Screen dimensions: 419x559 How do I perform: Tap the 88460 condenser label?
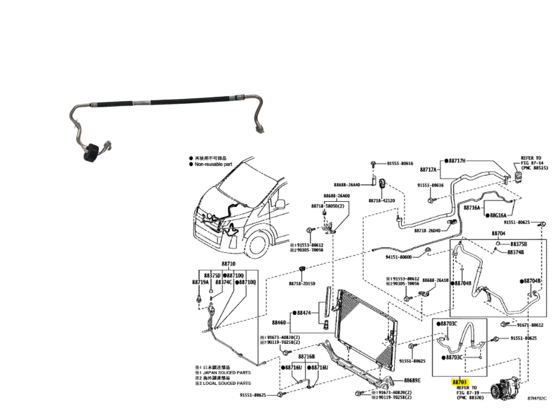point(279,323)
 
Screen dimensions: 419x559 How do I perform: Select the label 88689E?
point(412,380)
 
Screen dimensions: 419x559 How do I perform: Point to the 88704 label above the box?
point(498,233)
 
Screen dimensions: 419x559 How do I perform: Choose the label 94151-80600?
point(399,257)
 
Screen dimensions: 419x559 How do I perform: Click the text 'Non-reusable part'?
point(213,164)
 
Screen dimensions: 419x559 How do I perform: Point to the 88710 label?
point(228,264)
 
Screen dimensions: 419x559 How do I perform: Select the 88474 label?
point(304,313)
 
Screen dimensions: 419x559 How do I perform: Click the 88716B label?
point(307,356)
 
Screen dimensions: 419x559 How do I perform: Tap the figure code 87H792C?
point(537,398)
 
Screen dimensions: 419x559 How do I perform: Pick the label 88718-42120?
point(382,201)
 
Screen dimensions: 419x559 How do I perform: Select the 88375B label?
point(519,244)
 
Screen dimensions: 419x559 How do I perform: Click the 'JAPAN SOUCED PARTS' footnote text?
point(227,373)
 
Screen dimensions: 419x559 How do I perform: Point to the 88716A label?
point(472,208)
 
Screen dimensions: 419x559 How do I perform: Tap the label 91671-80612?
point(530,325)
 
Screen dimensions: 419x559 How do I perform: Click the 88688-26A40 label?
point(347,185)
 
